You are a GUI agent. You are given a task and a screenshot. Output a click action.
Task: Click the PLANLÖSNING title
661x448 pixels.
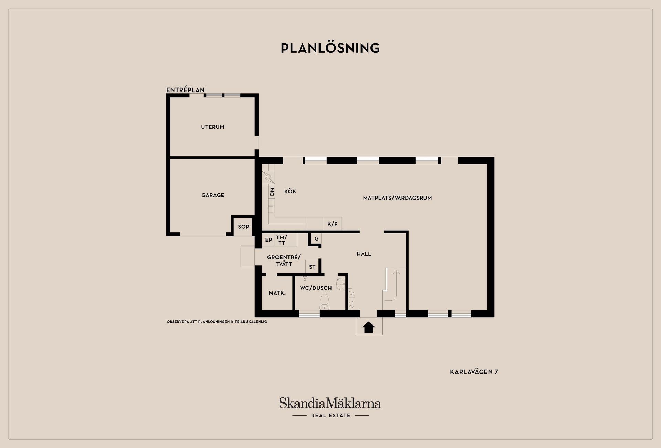pos(330,48)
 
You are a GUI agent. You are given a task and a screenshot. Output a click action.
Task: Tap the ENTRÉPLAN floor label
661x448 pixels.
pos(185,90)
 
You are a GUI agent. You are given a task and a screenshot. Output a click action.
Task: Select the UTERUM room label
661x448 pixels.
pos(213,127)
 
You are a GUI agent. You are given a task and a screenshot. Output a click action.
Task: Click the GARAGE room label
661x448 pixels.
pos(213,195)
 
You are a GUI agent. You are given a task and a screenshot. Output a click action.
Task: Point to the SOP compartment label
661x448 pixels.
pos(243,227)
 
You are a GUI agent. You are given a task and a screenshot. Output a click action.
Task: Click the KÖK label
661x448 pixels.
pos(290,191)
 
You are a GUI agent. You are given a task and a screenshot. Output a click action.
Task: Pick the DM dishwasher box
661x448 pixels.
pos(272,192)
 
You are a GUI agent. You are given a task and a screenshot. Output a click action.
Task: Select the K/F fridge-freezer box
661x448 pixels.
pos(333,224)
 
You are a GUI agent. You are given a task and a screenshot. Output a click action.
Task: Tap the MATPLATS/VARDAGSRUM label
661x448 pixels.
pos(397,198)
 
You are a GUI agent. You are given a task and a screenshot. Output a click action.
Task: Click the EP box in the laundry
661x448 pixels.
pos(269,240)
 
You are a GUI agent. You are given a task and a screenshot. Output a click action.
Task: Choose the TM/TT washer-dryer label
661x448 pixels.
pos(282,240)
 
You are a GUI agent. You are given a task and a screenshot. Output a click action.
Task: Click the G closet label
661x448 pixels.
pos(316,238)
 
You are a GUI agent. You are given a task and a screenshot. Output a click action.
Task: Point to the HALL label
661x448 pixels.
pos(364,254)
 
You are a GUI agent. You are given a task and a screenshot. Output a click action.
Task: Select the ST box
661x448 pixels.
pos(312,267)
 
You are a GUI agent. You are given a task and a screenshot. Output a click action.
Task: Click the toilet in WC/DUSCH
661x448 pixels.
pos(324,301)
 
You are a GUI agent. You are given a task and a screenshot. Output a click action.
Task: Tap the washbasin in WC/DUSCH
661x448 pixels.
pos(340,284)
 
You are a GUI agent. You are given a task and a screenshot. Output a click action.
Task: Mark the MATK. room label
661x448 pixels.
pos(277,293)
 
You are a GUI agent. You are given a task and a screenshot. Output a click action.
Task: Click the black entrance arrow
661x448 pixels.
pos(369,327)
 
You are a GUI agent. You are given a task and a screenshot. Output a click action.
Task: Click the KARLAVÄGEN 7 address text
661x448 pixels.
pos(474,372)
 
